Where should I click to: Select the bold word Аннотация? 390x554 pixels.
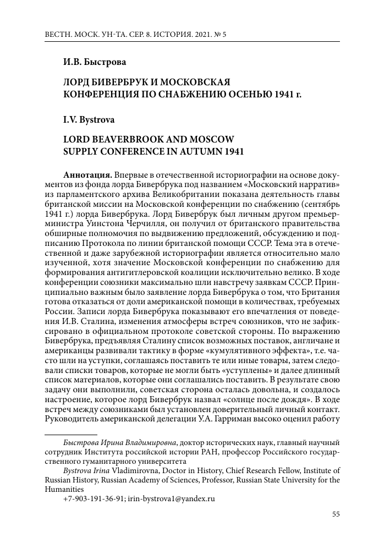coord(87,174)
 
